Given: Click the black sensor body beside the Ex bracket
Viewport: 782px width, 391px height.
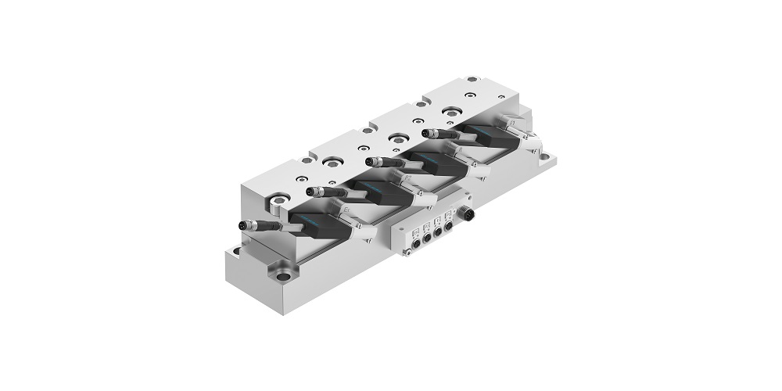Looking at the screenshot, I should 321,223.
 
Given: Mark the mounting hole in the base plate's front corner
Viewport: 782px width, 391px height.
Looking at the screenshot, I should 283,275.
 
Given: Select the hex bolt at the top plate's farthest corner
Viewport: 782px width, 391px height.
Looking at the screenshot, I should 472,79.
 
